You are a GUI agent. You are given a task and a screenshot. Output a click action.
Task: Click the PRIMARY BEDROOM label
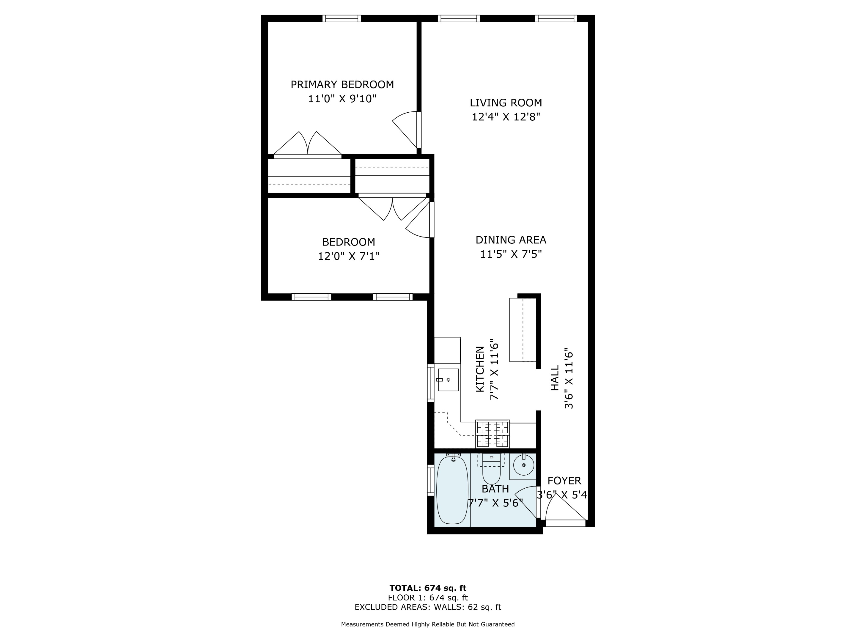point(342,84)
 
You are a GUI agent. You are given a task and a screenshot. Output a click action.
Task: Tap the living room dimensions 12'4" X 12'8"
point(505,117)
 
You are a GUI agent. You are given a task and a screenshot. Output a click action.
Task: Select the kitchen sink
point(448,380)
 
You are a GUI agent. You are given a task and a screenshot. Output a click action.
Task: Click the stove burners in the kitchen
point(492,434)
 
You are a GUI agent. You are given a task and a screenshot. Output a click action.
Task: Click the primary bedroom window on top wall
point(342,18)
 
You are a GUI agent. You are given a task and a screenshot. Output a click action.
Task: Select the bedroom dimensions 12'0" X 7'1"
point(348,256)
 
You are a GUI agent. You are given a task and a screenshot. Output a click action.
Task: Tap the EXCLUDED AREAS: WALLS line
point(428,607)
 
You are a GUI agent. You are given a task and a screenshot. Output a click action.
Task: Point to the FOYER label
point(564,481)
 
